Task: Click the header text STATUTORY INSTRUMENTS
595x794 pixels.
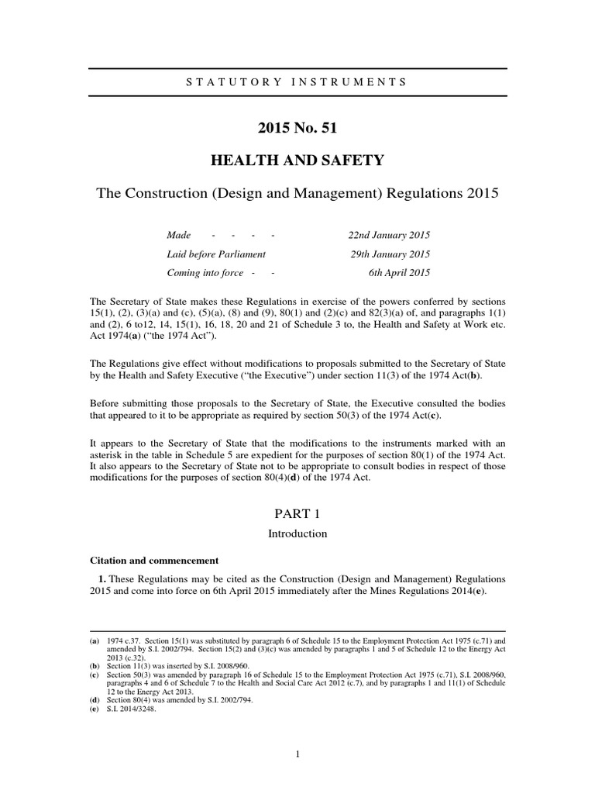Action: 297,81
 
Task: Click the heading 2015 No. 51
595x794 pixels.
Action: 297,128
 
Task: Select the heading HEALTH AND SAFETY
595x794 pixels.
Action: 297,161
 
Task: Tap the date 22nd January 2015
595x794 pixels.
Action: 390,234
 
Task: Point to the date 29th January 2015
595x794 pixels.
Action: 390,254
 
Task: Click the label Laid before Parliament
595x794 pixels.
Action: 216,254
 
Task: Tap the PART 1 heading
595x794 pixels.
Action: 297,513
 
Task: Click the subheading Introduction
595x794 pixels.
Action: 297,533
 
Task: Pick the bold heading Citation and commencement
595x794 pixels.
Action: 154,560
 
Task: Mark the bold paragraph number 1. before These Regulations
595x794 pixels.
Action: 100,579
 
